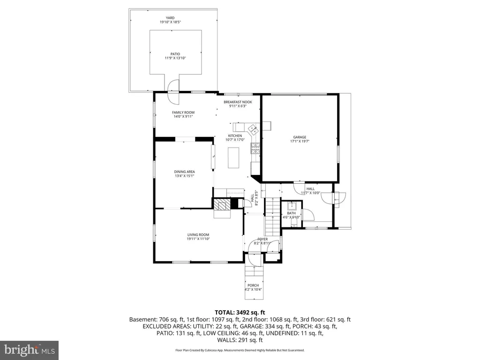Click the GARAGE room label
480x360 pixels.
pyautogui.click(x=300, y=136)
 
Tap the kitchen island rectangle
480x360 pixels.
pyautogui.click(x=233, y=157)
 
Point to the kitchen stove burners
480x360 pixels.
pyautogui.click(x=255, y=149)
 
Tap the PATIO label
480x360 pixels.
pyautogui.click(x=175, y=54)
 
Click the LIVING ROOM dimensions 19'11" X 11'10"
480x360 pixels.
pyautogui.click(x=198, y=239)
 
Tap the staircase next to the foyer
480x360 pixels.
pyautogui.click(x=272, y=216)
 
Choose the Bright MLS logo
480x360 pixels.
pyautogui.click(x=29, y=350)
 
